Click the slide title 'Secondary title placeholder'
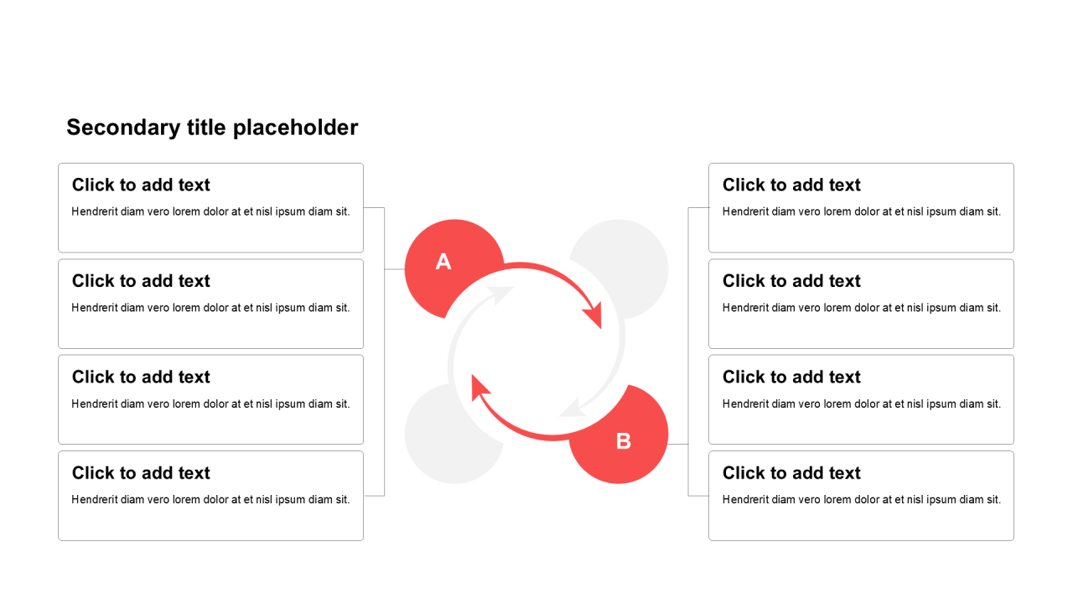[x=212, y=128]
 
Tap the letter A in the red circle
[x=443, y=262]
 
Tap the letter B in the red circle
[x=623, y=441]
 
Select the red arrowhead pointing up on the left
[x=480, y=388]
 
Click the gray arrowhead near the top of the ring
[x=500, y=294]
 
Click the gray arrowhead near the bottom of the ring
[x=573, y=408]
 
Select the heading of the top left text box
[x=141, y=185]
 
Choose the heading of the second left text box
[x=141, y=281]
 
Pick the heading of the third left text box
[x=141, y=377]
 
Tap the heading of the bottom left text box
[x=141, y=473]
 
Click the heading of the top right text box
[x=791, y=185]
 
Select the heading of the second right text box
[x=791, y=281]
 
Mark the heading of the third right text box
[x=791, y=377]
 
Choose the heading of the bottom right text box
[x=791, y=473]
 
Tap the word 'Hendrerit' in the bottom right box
[x=745, y=499]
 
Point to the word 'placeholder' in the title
[x=296, y=128]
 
